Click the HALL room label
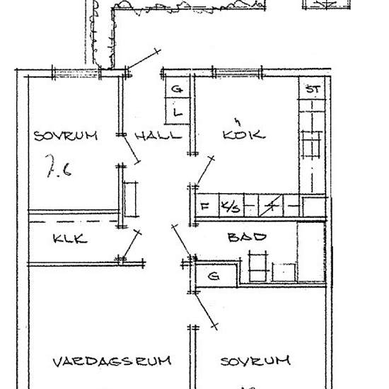point(158,136)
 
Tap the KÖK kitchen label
point(244,134)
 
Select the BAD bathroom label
point(247,237)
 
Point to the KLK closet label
point(70,238)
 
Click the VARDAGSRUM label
point(112,361)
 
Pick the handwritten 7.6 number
point(59,166)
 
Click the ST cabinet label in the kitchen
point(313,89)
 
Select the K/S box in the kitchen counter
point(231,206)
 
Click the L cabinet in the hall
point(178,111)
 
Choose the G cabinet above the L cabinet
point(178,88)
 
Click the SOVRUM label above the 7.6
point(66,136)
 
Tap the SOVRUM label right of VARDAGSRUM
point(255,361)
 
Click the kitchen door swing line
point(204,171)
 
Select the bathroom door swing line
point(182,240)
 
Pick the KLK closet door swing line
point(132,245)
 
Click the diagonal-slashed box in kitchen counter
point(271,206)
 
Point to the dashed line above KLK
point(74,221)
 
